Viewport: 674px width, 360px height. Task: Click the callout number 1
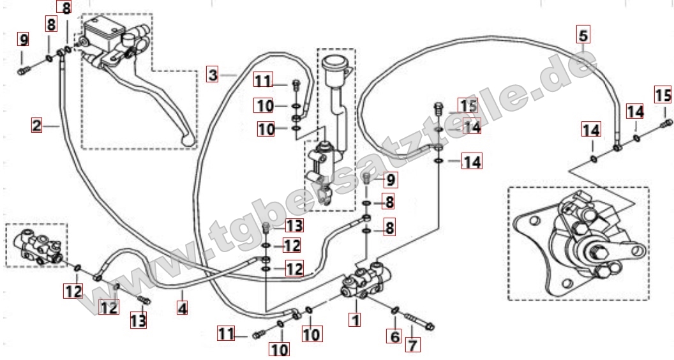[355, 320]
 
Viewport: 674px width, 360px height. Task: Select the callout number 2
[37, 126]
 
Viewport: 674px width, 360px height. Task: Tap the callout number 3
[213, 75]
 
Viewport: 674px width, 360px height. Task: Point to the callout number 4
[183, 308]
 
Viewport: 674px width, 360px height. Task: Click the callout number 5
[583, 35]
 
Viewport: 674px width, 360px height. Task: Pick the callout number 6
[395, 336]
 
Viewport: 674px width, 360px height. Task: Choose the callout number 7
[413, 345]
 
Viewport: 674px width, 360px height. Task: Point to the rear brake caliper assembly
[578, 245]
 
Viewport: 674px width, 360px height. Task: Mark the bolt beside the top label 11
[296, 85]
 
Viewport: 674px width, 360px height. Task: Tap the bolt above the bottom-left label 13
[144, 300]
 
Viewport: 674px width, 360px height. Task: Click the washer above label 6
[396, 310]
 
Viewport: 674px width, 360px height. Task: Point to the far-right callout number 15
[663, 95]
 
